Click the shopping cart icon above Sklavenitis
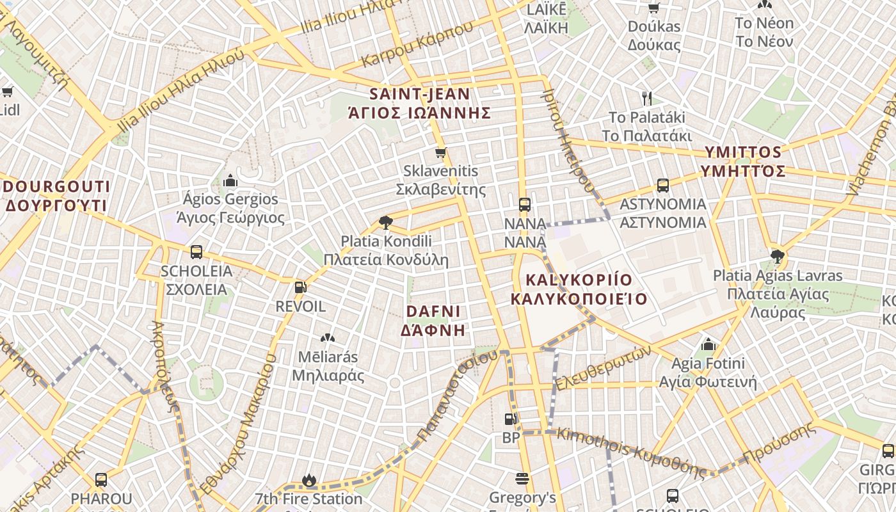pos(440,152)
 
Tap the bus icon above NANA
pos(525,205)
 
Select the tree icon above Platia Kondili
pos(385,223)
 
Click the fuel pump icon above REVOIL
pos(300,287)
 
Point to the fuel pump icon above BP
pos(511,419)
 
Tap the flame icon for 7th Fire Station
pos(309,480)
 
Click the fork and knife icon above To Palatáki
pos(647,98)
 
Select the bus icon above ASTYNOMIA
pos(663,186)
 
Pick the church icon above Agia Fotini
pos(707,345)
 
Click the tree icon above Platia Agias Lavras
pos(778,257)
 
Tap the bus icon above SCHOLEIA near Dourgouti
pos(196,252)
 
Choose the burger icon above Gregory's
pos(522,479)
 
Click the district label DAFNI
pos(433,321)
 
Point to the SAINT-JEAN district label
pos(420,103)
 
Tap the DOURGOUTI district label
pos(56,196)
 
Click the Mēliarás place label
pos(328,365)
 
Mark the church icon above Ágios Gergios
pos(230,181)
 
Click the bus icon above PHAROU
pos(101,479)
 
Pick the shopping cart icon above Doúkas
pos(653,8)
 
